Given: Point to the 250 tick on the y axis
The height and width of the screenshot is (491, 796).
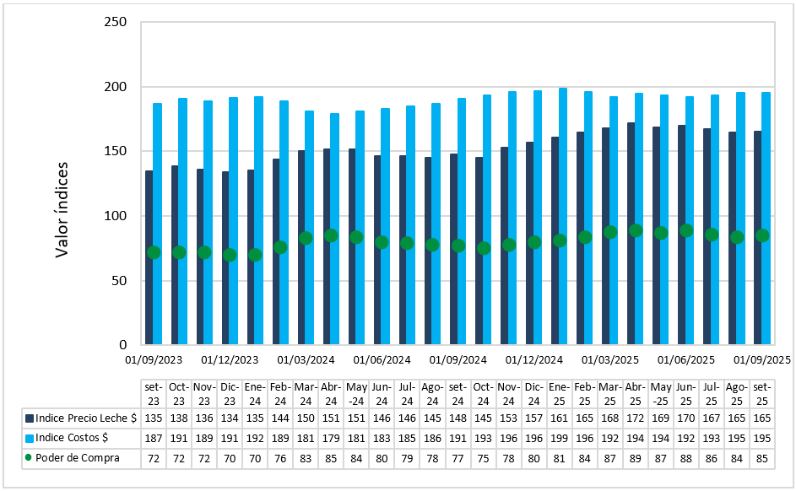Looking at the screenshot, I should tap(115, 22).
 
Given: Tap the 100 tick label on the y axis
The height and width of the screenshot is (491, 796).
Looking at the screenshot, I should tap(115, 216).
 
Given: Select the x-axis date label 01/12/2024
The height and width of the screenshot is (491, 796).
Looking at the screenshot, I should tap(533, 360).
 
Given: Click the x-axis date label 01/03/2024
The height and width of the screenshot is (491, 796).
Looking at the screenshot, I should tap(305, 360).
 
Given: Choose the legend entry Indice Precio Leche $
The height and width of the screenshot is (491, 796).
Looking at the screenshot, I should tap(81, 418).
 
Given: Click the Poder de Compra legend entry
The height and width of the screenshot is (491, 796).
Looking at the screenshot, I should tap(73, 458).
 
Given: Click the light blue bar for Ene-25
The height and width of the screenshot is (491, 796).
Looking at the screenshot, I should tap(563, 216).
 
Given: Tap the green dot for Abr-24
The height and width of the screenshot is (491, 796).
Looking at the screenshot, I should tap(331, 236).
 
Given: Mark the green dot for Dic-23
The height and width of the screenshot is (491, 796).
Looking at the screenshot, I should tap(230, 255).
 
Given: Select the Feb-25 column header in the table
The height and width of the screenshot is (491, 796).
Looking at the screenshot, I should tap(583, 394).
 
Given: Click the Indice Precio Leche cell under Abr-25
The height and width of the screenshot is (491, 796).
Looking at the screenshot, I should tap(634, 418).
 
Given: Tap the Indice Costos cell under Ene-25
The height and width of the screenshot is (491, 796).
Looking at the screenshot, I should tap(558, 438).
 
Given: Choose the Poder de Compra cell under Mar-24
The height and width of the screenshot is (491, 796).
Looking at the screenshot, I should tap(305, 458).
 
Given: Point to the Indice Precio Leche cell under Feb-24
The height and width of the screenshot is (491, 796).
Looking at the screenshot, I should tap(279, 418).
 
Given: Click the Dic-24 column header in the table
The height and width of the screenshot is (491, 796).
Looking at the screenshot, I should tap(533, 394).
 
